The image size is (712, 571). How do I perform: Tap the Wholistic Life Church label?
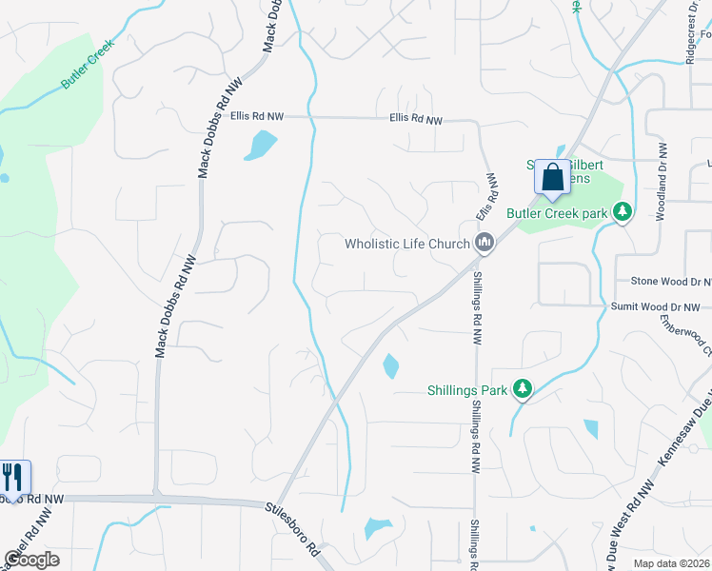[407, 245]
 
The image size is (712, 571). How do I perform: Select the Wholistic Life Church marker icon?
[485, 244]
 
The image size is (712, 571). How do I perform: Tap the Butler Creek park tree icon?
[623, 211]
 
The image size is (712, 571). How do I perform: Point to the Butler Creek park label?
[557, 214]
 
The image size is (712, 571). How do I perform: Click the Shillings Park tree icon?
[522, 388]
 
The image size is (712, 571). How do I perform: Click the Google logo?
[31, 560]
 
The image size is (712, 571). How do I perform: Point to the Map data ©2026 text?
[670, 563]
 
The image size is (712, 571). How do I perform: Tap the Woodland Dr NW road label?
[661, 181]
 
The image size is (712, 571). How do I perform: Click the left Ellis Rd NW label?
[257, 116]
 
